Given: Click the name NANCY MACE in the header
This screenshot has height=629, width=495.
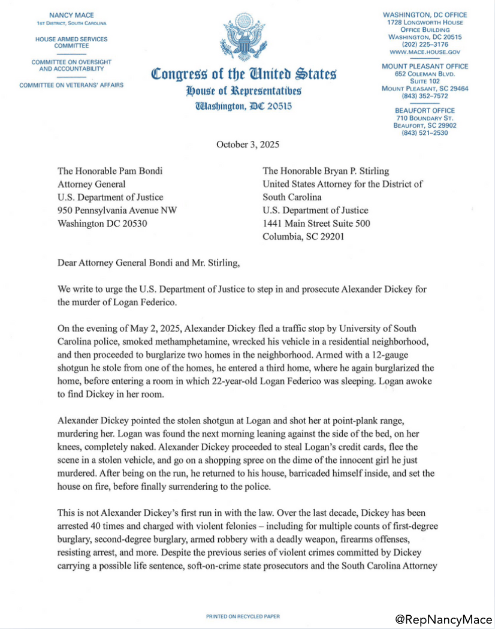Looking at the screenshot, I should tap(71, 14).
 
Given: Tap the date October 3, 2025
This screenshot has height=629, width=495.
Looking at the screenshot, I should tap(248, 144).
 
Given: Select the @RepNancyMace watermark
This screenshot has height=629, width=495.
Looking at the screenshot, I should tap(443, 618).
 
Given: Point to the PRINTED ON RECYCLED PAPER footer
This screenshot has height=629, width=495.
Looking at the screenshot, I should tap(243, 616).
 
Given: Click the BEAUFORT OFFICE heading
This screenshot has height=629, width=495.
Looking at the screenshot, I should tap(425, 110).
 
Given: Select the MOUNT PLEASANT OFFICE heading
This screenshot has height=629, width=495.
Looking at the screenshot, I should tap(425, 66).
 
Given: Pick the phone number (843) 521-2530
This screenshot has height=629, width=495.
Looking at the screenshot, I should tap(425, 133).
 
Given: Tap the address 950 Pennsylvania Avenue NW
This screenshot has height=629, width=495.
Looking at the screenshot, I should tap(117, 210).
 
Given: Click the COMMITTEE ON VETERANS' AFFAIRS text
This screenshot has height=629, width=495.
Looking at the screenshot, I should tap(71, 85).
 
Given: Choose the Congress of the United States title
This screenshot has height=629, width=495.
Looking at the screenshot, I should tap(243, 75).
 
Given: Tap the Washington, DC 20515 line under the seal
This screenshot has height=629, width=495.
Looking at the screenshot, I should tap(243, 106).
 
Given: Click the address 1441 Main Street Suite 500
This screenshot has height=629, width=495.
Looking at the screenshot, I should tap(316, 224).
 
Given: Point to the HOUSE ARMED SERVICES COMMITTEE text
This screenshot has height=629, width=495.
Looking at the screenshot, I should tap(71, 42).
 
